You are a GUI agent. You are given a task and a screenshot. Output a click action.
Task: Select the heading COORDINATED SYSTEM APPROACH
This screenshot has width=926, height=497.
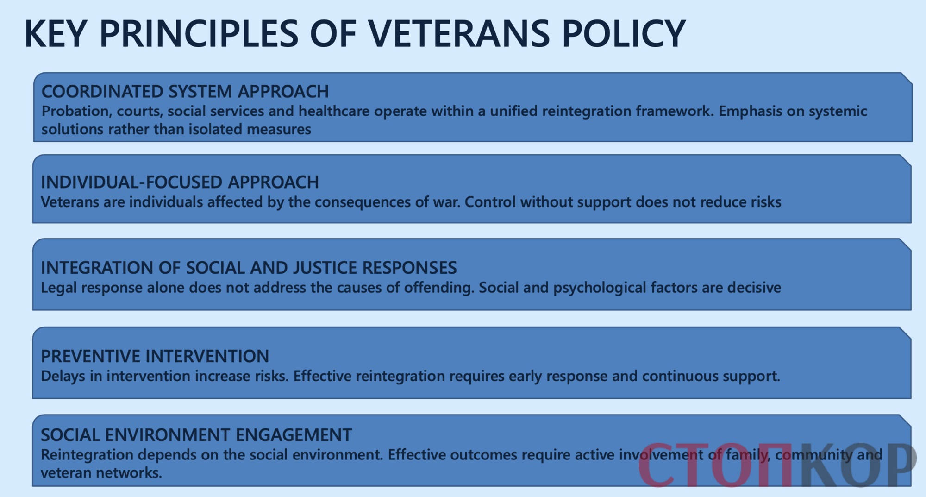coord(185,92)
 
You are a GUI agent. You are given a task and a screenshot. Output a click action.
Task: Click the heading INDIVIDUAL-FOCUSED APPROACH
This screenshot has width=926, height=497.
coord(180,182)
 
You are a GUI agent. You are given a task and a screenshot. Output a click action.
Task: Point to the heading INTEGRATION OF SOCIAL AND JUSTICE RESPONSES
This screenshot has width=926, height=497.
coord(249,268)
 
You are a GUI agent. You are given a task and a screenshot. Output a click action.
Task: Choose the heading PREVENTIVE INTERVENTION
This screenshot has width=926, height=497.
coord(155,356)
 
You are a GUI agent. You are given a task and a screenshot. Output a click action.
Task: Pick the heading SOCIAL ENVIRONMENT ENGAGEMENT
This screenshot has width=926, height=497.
coord(196,435)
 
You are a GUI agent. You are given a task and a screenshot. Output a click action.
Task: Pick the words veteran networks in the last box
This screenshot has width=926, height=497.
coord(101,473)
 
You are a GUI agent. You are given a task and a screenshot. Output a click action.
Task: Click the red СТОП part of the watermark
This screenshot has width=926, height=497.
coord(715,465)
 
